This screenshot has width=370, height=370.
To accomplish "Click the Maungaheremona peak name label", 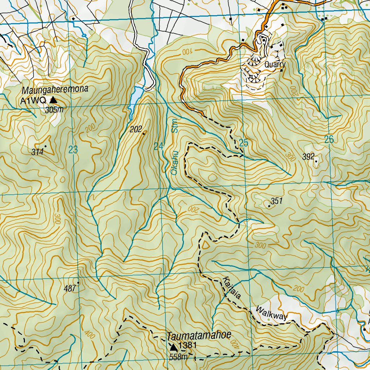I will [55, 90].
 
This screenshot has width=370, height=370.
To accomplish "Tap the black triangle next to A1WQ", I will [53, 100].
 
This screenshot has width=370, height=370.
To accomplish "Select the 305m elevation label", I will [54, 110].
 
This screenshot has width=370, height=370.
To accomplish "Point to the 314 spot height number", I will [37, 152].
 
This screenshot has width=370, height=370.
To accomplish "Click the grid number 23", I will [73, 150].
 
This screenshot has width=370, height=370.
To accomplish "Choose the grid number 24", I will [158, 146].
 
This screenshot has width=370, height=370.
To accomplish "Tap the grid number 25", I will [244, 143].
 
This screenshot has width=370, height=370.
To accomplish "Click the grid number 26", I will [329, 139].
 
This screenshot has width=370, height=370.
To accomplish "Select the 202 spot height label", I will [135, 129].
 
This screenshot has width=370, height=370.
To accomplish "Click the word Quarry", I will [275, 65].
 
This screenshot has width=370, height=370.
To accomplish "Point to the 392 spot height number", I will [308, 156].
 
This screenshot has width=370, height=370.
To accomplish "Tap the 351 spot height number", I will [276, 201].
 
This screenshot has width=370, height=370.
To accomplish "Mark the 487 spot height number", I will [70, 288].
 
